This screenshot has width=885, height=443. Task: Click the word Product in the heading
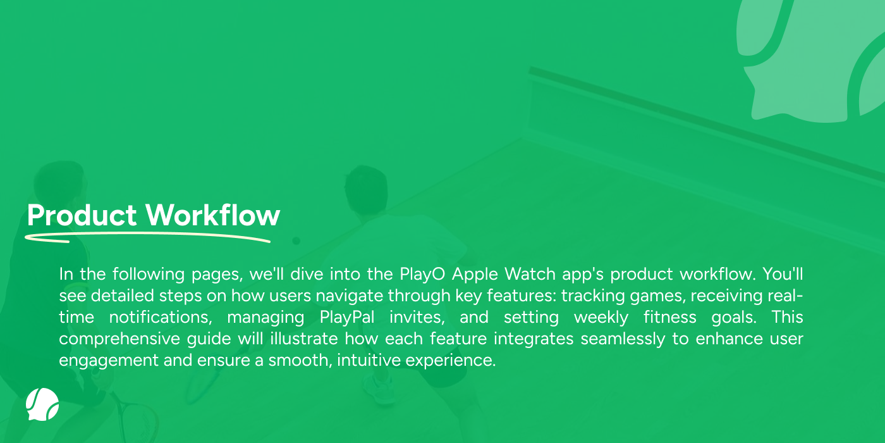point(82,215)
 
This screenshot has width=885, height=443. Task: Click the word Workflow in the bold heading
point(213,215)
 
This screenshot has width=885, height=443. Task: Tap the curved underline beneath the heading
point(148,237)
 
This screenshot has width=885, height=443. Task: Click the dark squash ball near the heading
point(296,241)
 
